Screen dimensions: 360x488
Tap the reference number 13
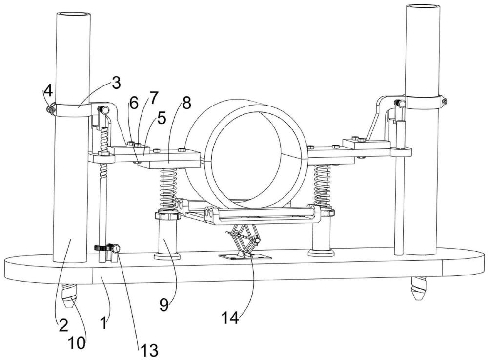[149, 350]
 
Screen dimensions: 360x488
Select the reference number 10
[77, 342]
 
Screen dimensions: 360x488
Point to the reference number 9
[164, 305]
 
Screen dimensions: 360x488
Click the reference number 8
[186, 103]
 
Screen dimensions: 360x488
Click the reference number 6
[134, 102]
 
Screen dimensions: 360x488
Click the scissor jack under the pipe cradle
[243, 240]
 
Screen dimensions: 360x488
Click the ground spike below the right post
[418, 290]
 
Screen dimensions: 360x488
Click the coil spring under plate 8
[167, 188]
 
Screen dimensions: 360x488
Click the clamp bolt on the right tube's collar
[444, 101]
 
